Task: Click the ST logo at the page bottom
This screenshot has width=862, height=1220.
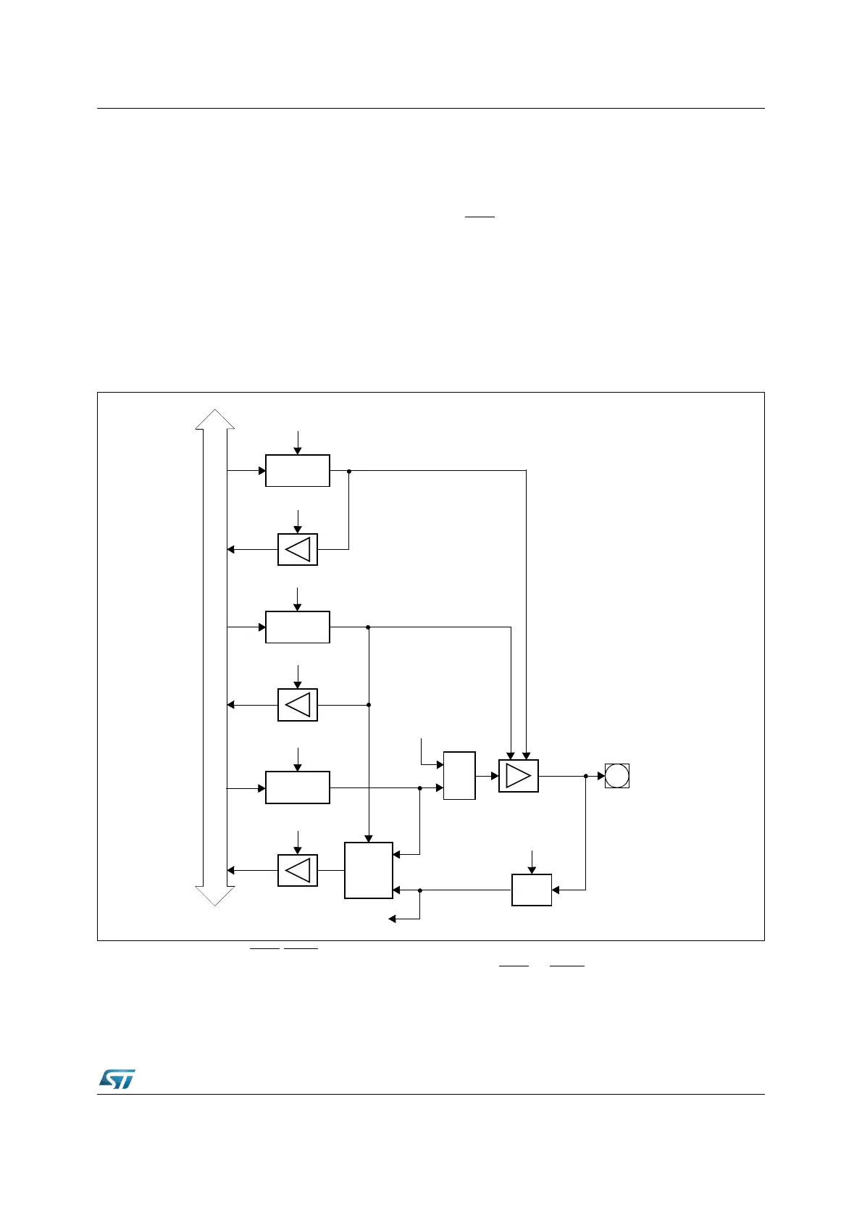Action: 117,1079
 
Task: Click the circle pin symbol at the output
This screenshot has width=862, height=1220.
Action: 617,776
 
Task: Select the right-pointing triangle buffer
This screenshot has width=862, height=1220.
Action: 519,776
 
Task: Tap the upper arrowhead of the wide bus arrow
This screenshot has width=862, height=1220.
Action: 215,419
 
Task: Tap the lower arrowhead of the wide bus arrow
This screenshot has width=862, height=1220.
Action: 215,895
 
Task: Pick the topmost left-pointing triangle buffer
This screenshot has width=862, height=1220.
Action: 298,549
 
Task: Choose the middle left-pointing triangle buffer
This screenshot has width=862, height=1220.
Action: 298,705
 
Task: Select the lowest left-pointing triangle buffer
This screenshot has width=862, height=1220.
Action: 298,870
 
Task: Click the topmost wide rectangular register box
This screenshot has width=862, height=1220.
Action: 298,471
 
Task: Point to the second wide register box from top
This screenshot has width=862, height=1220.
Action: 298,627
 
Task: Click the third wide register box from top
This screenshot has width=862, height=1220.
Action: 298,787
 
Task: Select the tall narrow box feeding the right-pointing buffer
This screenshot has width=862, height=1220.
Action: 459,776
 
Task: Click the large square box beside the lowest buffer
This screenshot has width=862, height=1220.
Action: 369,870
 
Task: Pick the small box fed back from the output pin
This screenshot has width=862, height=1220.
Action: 532,890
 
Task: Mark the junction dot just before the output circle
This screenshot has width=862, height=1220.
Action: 585,776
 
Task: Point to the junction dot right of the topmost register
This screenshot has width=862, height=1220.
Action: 349,471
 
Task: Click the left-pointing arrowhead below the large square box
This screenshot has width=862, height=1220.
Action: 393,919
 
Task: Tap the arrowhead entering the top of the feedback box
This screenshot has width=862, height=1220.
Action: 532,870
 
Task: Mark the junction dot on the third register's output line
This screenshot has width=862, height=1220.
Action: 420,787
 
